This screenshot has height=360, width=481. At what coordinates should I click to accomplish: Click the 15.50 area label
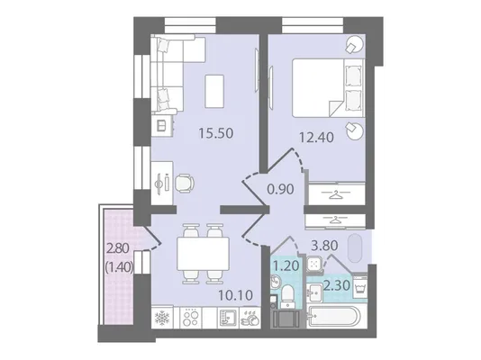pos(216,133)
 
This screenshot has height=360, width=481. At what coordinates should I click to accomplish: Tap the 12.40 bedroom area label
pos(316,138)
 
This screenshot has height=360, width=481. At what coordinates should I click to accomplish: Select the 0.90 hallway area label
pos(280,189)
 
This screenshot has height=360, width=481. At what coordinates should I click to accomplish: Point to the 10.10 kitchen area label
pos(236,295)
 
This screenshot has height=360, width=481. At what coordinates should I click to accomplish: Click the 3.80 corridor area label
pos(324,245)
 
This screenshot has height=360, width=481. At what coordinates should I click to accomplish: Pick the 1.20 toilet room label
pos(286,265)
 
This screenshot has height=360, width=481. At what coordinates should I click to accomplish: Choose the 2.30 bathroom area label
pos(337,285)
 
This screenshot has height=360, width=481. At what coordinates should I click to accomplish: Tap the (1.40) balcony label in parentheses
pos(119,268)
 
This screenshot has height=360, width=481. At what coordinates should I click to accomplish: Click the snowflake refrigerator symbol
pos(162,319)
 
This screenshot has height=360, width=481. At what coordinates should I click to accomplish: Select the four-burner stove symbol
pos(190,318)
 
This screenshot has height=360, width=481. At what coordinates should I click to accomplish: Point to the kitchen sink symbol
pos(226,318)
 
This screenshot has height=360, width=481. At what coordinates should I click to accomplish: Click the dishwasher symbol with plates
pos(250,319)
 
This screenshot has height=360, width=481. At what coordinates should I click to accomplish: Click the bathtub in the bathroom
pos(334,317)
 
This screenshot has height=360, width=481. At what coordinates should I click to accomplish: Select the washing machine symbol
pos(359,285)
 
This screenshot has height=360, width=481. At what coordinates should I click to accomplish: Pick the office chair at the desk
pos(184,184)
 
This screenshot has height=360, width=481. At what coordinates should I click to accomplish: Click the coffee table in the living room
pos(214,91)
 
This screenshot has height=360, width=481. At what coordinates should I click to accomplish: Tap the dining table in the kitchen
pos(204,254)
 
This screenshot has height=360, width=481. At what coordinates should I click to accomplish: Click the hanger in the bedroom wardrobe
pos(336,194)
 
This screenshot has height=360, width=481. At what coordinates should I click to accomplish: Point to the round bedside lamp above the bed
pos(355,44)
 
